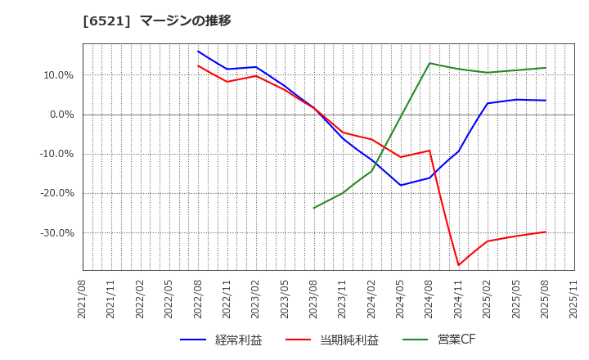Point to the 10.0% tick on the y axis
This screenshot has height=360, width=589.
coord(57,75)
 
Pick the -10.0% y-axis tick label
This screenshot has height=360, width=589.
coord(56,154)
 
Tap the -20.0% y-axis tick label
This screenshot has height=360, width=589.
coord(56,193)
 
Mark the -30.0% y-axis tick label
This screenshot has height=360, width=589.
coord(56,233)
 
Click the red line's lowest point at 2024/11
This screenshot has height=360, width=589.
coord(458,265)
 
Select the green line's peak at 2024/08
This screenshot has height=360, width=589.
coord(429,63)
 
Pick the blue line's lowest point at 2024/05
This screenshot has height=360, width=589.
coord(401,185)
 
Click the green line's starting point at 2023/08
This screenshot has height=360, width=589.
coord(314,208)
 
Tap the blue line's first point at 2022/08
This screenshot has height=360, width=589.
coord(198,51)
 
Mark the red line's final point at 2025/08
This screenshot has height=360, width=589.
coord(546,232)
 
